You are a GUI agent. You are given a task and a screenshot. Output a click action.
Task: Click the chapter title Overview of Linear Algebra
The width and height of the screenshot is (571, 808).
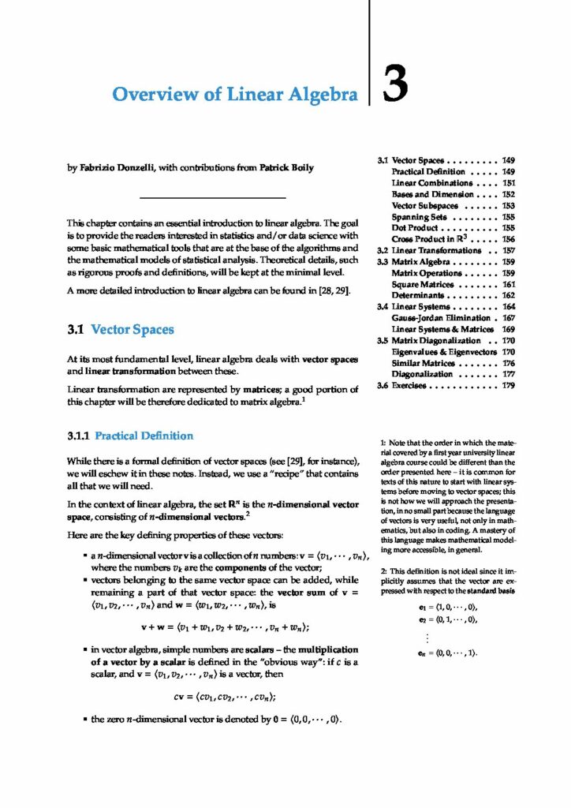coord(235,95)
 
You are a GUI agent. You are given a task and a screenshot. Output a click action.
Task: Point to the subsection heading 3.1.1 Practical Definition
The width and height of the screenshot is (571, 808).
coord(130,435)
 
